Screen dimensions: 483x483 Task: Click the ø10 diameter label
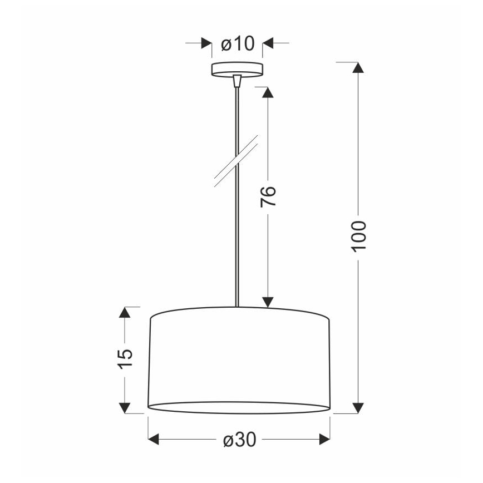click(x=238, y=43)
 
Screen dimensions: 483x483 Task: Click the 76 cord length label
click(x=269, y=196)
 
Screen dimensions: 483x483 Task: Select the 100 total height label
click(x=359, y=235)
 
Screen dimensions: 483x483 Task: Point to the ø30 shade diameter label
click(x=239, y=440)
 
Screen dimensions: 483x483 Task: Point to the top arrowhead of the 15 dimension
click(x=125, y=313)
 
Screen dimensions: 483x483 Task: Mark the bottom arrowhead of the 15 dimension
click(x=125, y=408)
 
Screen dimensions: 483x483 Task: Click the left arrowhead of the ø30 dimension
click(x=154, y=440)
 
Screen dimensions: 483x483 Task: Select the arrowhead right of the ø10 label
click(x=268, y=43)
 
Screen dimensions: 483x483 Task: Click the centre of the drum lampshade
click(x=240, y=360)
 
